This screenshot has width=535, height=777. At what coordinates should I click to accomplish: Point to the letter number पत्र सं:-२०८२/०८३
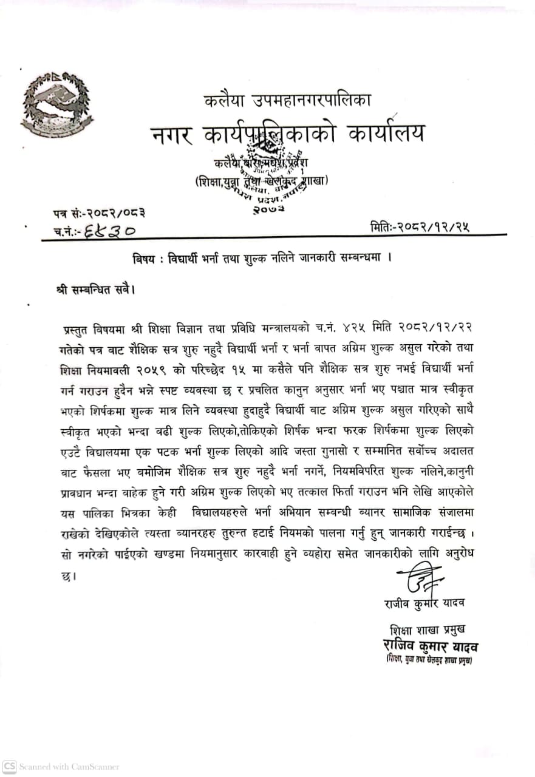(x=98, y=213)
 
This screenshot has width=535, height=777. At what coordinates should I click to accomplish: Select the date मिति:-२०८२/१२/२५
(x=419, y=228)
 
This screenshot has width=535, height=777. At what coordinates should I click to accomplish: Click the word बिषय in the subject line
(x=145, y=257)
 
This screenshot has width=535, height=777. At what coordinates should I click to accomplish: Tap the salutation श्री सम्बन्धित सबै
(x=94, y=289)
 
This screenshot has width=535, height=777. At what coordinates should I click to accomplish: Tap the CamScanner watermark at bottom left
(x=61, y=767)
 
